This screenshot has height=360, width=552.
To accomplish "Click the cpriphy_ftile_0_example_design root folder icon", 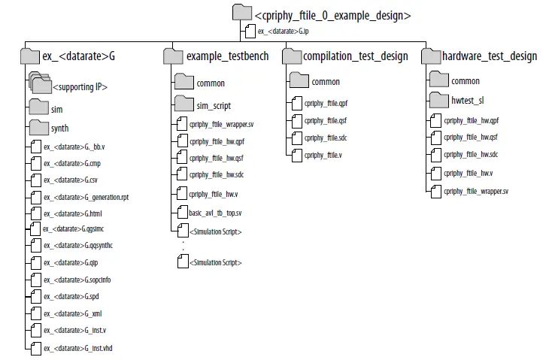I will click(x=242, y=13).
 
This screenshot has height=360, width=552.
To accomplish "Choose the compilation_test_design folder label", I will click(x=355, y=56).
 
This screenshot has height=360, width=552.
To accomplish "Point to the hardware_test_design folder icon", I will click(x=432, y=56).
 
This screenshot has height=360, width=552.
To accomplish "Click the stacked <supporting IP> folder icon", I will click(x=39, y=85).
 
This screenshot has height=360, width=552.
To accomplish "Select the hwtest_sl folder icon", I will click(x=438, y=100).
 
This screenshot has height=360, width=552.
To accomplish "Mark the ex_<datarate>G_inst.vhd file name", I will click(x=79, y=349).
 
